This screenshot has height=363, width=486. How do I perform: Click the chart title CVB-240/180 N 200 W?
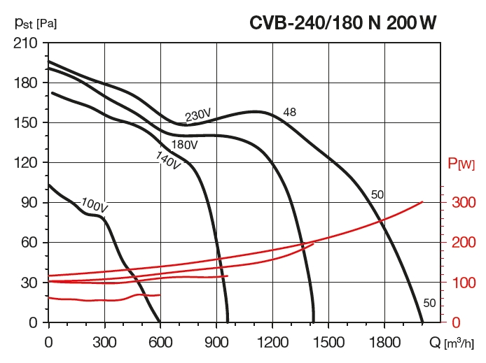(344, 23)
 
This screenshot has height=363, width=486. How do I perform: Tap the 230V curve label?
(198, 115)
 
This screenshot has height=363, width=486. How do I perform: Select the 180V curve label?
(185, 145)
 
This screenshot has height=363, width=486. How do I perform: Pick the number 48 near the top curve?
(290, 112)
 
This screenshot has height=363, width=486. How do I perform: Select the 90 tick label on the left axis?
(32, 203)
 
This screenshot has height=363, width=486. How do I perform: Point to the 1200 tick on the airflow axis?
(272, 343)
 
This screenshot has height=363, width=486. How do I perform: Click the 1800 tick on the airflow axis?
(384, 343)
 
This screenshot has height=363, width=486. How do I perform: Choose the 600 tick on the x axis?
(160, 343)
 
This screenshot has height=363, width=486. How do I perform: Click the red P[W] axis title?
(461, 164)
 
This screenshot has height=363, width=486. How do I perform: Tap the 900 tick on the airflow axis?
(216, 343)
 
